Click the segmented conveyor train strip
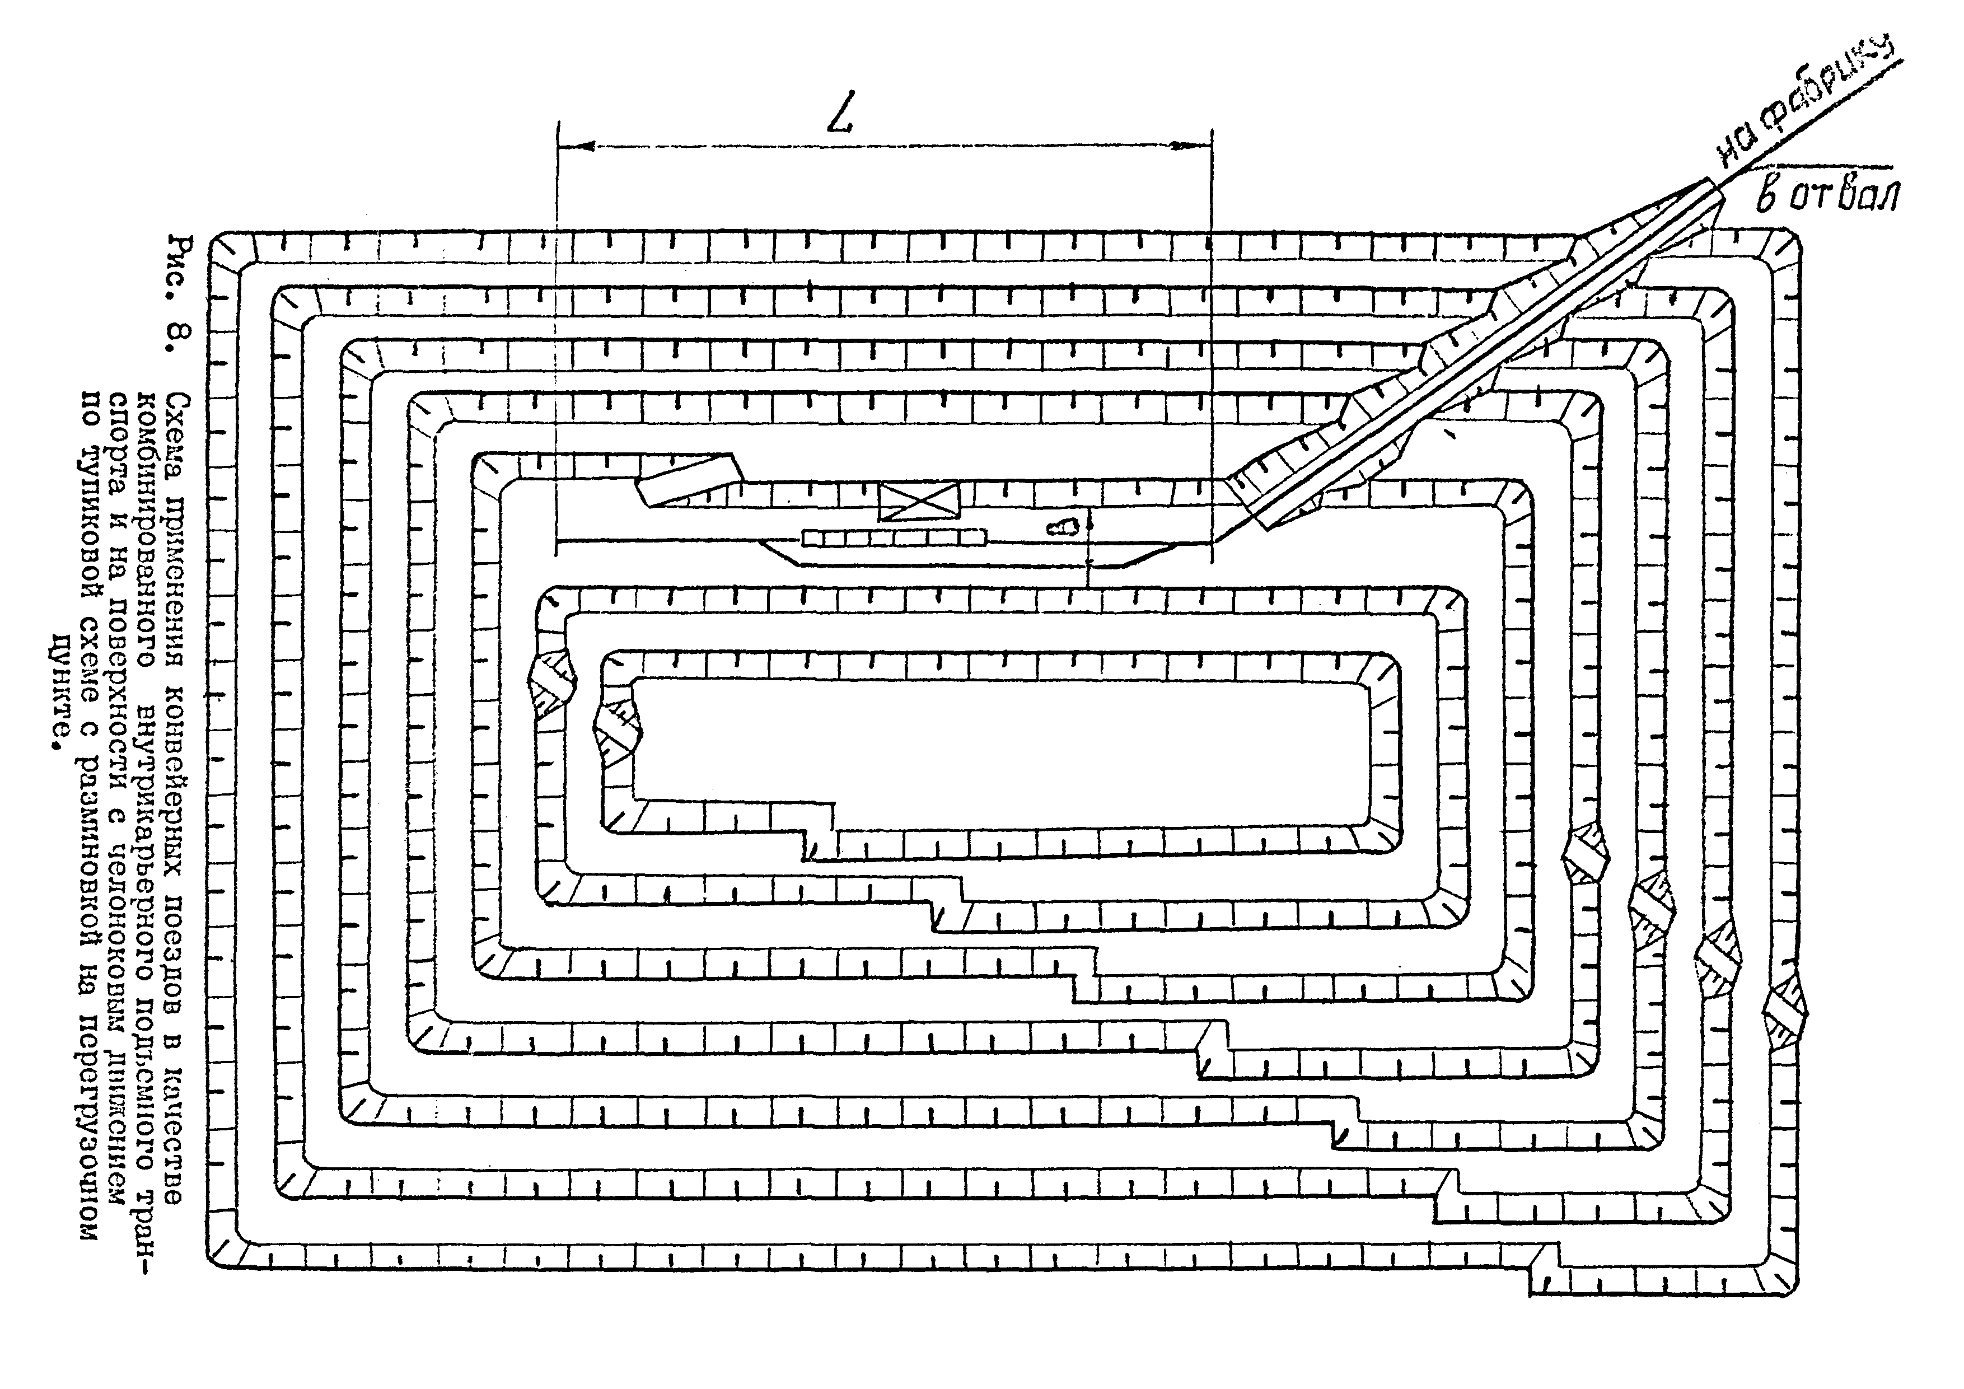pyautogui.click(x=894, y=538)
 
